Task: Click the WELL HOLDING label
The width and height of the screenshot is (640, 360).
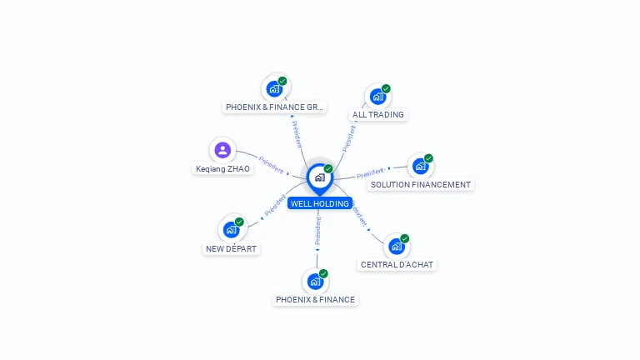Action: click(x=320, y=203)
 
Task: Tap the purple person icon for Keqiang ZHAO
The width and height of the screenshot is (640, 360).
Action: click(x=222, y=150)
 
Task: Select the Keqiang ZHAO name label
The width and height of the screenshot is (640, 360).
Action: click(x=222, y=169)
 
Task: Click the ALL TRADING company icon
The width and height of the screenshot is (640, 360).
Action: click(x=377, y=97)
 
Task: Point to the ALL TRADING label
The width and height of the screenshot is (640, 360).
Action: click(x=378, y=115)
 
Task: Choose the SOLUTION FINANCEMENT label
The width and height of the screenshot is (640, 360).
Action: click(x=420, y=185)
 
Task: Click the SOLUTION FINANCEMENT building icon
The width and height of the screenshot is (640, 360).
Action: click(x=420, y=167)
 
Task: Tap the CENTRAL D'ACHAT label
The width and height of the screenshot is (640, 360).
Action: click(x=397, y=265)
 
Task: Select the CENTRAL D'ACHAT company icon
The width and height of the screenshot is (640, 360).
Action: click(x=397, y=247)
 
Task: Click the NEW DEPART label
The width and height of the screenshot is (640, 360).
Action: click(x=231, y=249)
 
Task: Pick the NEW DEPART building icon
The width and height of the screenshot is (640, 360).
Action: click(x=231, y=230)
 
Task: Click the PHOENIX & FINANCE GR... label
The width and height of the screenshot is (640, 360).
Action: click(x=274, y=107)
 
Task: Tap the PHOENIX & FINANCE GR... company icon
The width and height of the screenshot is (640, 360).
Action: click(x=274, y=89)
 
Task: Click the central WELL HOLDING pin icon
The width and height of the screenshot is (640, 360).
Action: click(x=320, y=179)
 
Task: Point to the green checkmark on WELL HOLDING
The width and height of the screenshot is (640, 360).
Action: click(x=328, y=168)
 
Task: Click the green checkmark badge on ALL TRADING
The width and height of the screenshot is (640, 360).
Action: click(x=386, y=88)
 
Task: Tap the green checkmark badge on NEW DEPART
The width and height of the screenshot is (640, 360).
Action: click(x=239, y=222)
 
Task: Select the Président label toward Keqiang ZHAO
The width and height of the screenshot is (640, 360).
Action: click(x=271, y=165)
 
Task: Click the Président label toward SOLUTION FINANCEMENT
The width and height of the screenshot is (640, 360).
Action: click(x=371, y=173)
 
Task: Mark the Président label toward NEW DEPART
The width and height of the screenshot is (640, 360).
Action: click(x=275, y=205)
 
